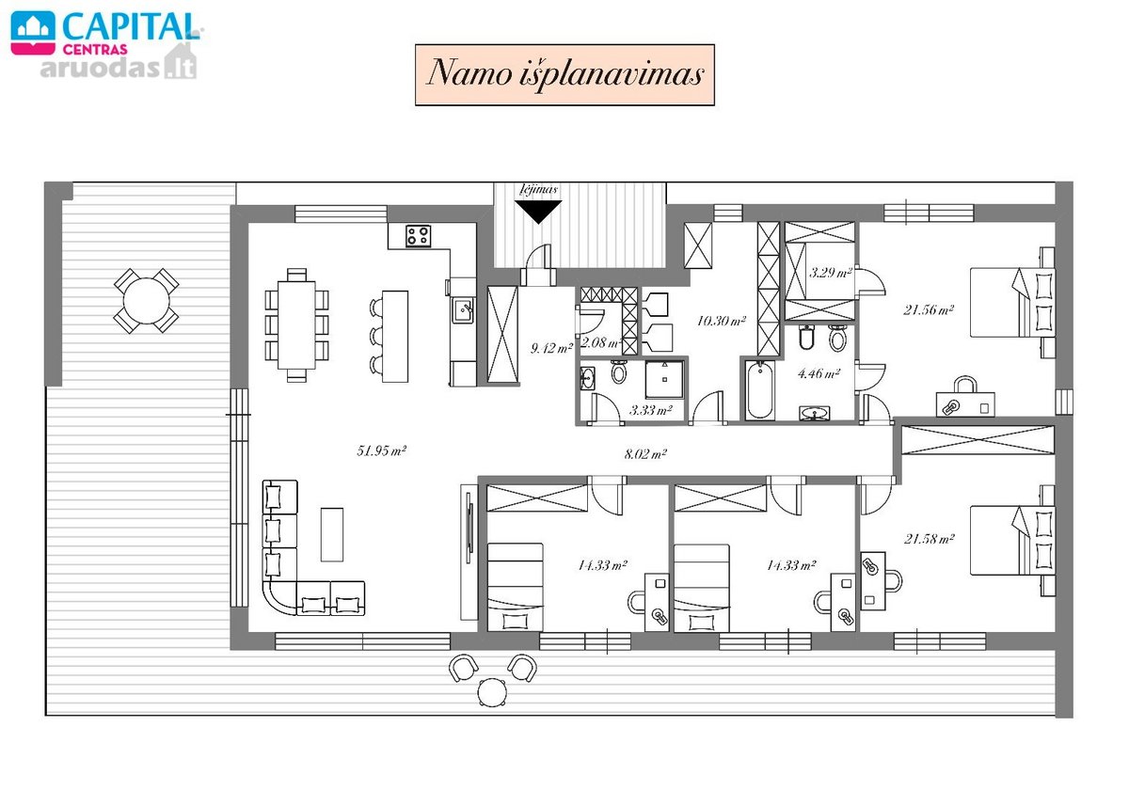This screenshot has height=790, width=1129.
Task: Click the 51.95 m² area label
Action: pos(382,450)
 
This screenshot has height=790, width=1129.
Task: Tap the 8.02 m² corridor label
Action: pos(645,454)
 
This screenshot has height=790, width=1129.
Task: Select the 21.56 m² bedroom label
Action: pos(929,309)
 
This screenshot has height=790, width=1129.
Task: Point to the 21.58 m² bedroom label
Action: pos(929,539)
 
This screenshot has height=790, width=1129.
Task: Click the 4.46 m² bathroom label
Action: pos(819,373)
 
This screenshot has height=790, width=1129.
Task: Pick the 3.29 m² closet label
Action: pos(830,273)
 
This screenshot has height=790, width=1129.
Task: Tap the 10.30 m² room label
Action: pos(722,321)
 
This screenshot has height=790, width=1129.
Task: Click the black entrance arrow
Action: pos(538,212)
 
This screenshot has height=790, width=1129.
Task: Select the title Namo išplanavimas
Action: pos(564,74)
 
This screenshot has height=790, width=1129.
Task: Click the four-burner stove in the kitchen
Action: pos(419,236)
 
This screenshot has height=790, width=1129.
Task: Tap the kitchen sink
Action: pos(463,309)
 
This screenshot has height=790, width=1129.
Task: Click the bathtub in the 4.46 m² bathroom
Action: pos(759,390)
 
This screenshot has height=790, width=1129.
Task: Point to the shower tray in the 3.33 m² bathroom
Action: pos(664,379)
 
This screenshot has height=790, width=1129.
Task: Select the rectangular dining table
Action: pos(296,325)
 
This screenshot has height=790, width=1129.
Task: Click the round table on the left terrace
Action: pos(146,301)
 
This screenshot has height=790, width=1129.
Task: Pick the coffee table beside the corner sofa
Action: pos(332,534)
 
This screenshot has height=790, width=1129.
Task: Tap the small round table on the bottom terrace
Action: pos(492,692)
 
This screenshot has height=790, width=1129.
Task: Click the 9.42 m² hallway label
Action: pos(552,348)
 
